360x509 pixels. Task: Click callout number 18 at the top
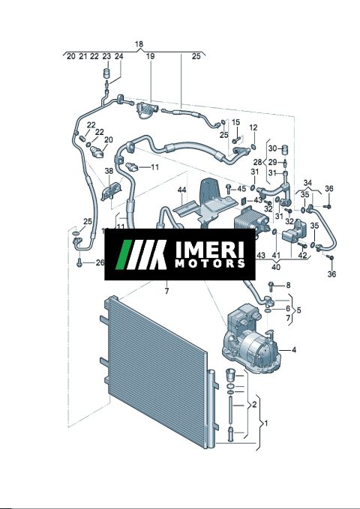[139, 43]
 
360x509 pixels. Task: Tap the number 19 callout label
[150, 56]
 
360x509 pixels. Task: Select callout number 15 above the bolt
[236, 122]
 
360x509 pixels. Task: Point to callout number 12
[253, 127]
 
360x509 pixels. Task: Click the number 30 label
[272, 148]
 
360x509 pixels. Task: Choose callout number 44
[182, 190]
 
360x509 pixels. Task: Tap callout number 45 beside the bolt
[241, 189]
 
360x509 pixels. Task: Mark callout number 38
[109, 171]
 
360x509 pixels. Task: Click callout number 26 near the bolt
[100, 262]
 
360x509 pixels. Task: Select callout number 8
[288, 286]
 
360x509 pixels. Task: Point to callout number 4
[294, 349]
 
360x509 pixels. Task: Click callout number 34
[307, 183]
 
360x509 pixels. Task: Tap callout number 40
[276, 267]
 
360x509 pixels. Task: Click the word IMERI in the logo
[209, 249]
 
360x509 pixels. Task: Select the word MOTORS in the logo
[210, 263]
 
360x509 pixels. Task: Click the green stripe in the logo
[124, 255]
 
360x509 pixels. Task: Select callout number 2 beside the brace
[254, 405]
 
